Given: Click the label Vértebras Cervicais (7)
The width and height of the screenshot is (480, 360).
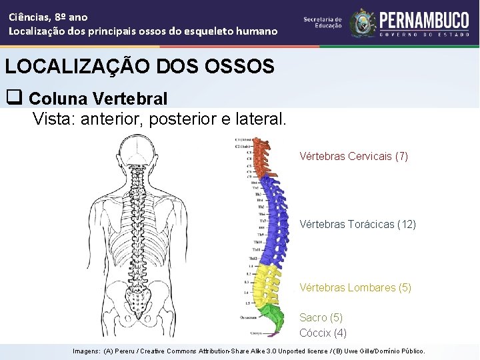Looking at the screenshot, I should point(353,157).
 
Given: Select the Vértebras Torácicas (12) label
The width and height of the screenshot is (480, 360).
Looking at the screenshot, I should point(357,225).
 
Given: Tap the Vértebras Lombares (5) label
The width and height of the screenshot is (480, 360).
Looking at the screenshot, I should point(355,288).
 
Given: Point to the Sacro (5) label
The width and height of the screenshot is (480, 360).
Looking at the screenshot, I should point(321,318).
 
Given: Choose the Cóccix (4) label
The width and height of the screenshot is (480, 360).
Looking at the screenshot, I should point(323,333).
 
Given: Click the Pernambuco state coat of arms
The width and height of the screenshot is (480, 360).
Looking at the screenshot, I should point(363,23).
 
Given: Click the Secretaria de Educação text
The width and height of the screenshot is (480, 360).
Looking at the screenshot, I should point(323,23).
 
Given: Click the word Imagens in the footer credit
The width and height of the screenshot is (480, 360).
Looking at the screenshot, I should point(86,351).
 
